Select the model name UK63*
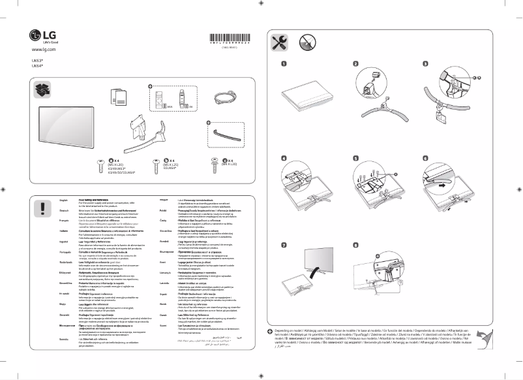coord(37,60)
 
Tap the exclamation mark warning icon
coord(42,208)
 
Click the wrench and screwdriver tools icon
coord(279,43)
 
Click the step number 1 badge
coord(284,64)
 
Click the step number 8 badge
coord(355,245)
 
